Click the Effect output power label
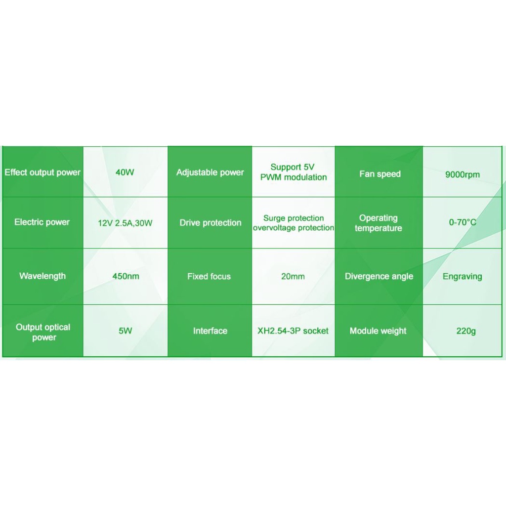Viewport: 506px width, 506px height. (42, 173)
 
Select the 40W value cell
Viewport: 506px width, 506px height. (125, 173)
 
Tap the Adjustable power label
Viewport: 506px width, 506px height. (210, 173)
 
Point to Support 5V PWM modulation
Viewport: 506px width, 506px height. (294, 172)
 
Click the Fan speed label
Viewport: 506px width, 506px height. (379, 174)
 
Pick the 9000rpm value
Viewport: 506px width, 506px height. (462, 174)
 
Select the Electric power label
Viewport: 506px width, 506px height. (42, 222)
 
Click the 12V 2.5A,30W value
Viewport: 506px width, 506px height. (125, 223)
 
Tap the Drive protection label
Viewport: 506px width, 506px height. (210, 223)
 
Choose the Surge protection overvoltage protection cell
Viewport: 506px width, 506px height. (294, 223)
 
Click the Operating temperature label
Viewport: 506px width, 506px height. (379, 223)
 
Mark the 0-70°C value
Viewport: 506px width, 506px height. (463, 223)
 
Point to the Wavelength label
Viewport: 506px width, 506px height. (42, 276)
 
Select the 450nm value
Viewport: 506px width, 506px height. (126, 277)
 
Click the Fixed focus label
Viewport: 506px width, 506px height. (209, 277)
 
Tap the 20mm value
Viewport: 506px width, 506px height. (293, 277)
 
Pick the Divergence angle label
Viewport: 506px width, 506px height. (379, 277)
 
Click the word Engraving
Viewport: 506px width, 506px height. (462, 277)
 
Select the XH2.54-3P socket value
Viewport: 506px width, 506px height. (293, 331)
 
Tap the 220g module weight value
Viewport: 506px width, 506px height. (466, 331)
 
